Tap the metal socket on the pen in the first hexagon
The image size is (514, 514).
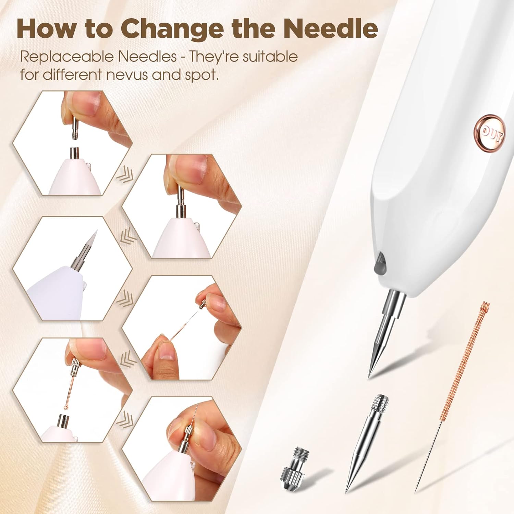[x=74, y=153]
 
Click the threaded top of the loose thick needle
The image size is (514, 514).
[x=380, y=403]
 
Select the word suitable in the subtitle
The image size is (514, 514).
[x=270, y=57]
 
